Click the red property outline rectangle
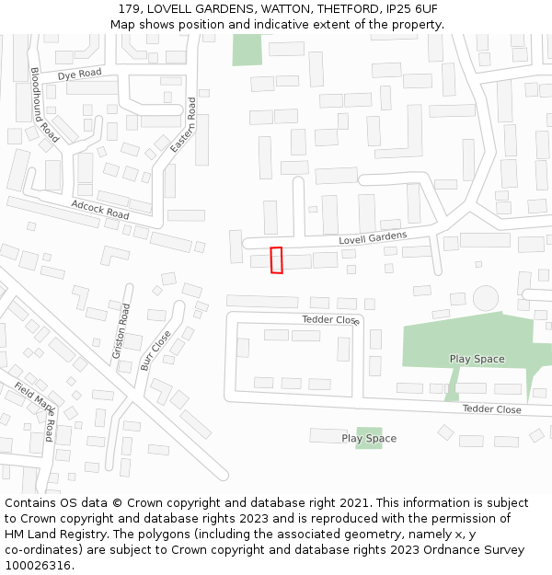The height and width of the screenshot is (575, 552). coord(276,260)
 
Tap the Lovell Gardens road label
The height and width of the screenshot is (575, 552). coord(372,237)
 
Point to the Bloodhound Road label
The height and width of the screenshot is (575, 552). coord(44,105)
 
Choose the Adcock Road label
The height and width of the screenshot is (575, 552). coord(99,209)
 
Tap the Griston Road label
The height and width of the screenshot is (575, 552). coord(120,331)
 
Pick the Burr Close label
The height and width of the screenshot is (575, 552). coord(155,351)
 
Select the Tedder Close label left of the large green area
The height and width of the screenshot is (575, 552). coord(331,320)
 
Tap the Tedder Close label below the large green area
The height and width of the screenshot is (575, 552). coord(491,409)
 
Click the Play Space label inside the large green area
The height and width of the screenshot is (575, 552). coord(477,359)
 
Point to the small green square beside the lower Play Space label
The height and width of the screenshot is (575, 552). coord(369,438)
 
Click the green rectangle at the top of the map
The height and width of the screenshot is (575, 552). coord(247,50)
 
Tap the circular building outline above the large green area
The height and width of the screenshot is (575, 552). coord(485,297)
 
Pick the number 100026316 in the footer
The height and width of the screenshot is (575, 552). coord(37,566)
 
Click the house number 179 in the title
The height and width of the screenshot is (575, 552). coord(130,9)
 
